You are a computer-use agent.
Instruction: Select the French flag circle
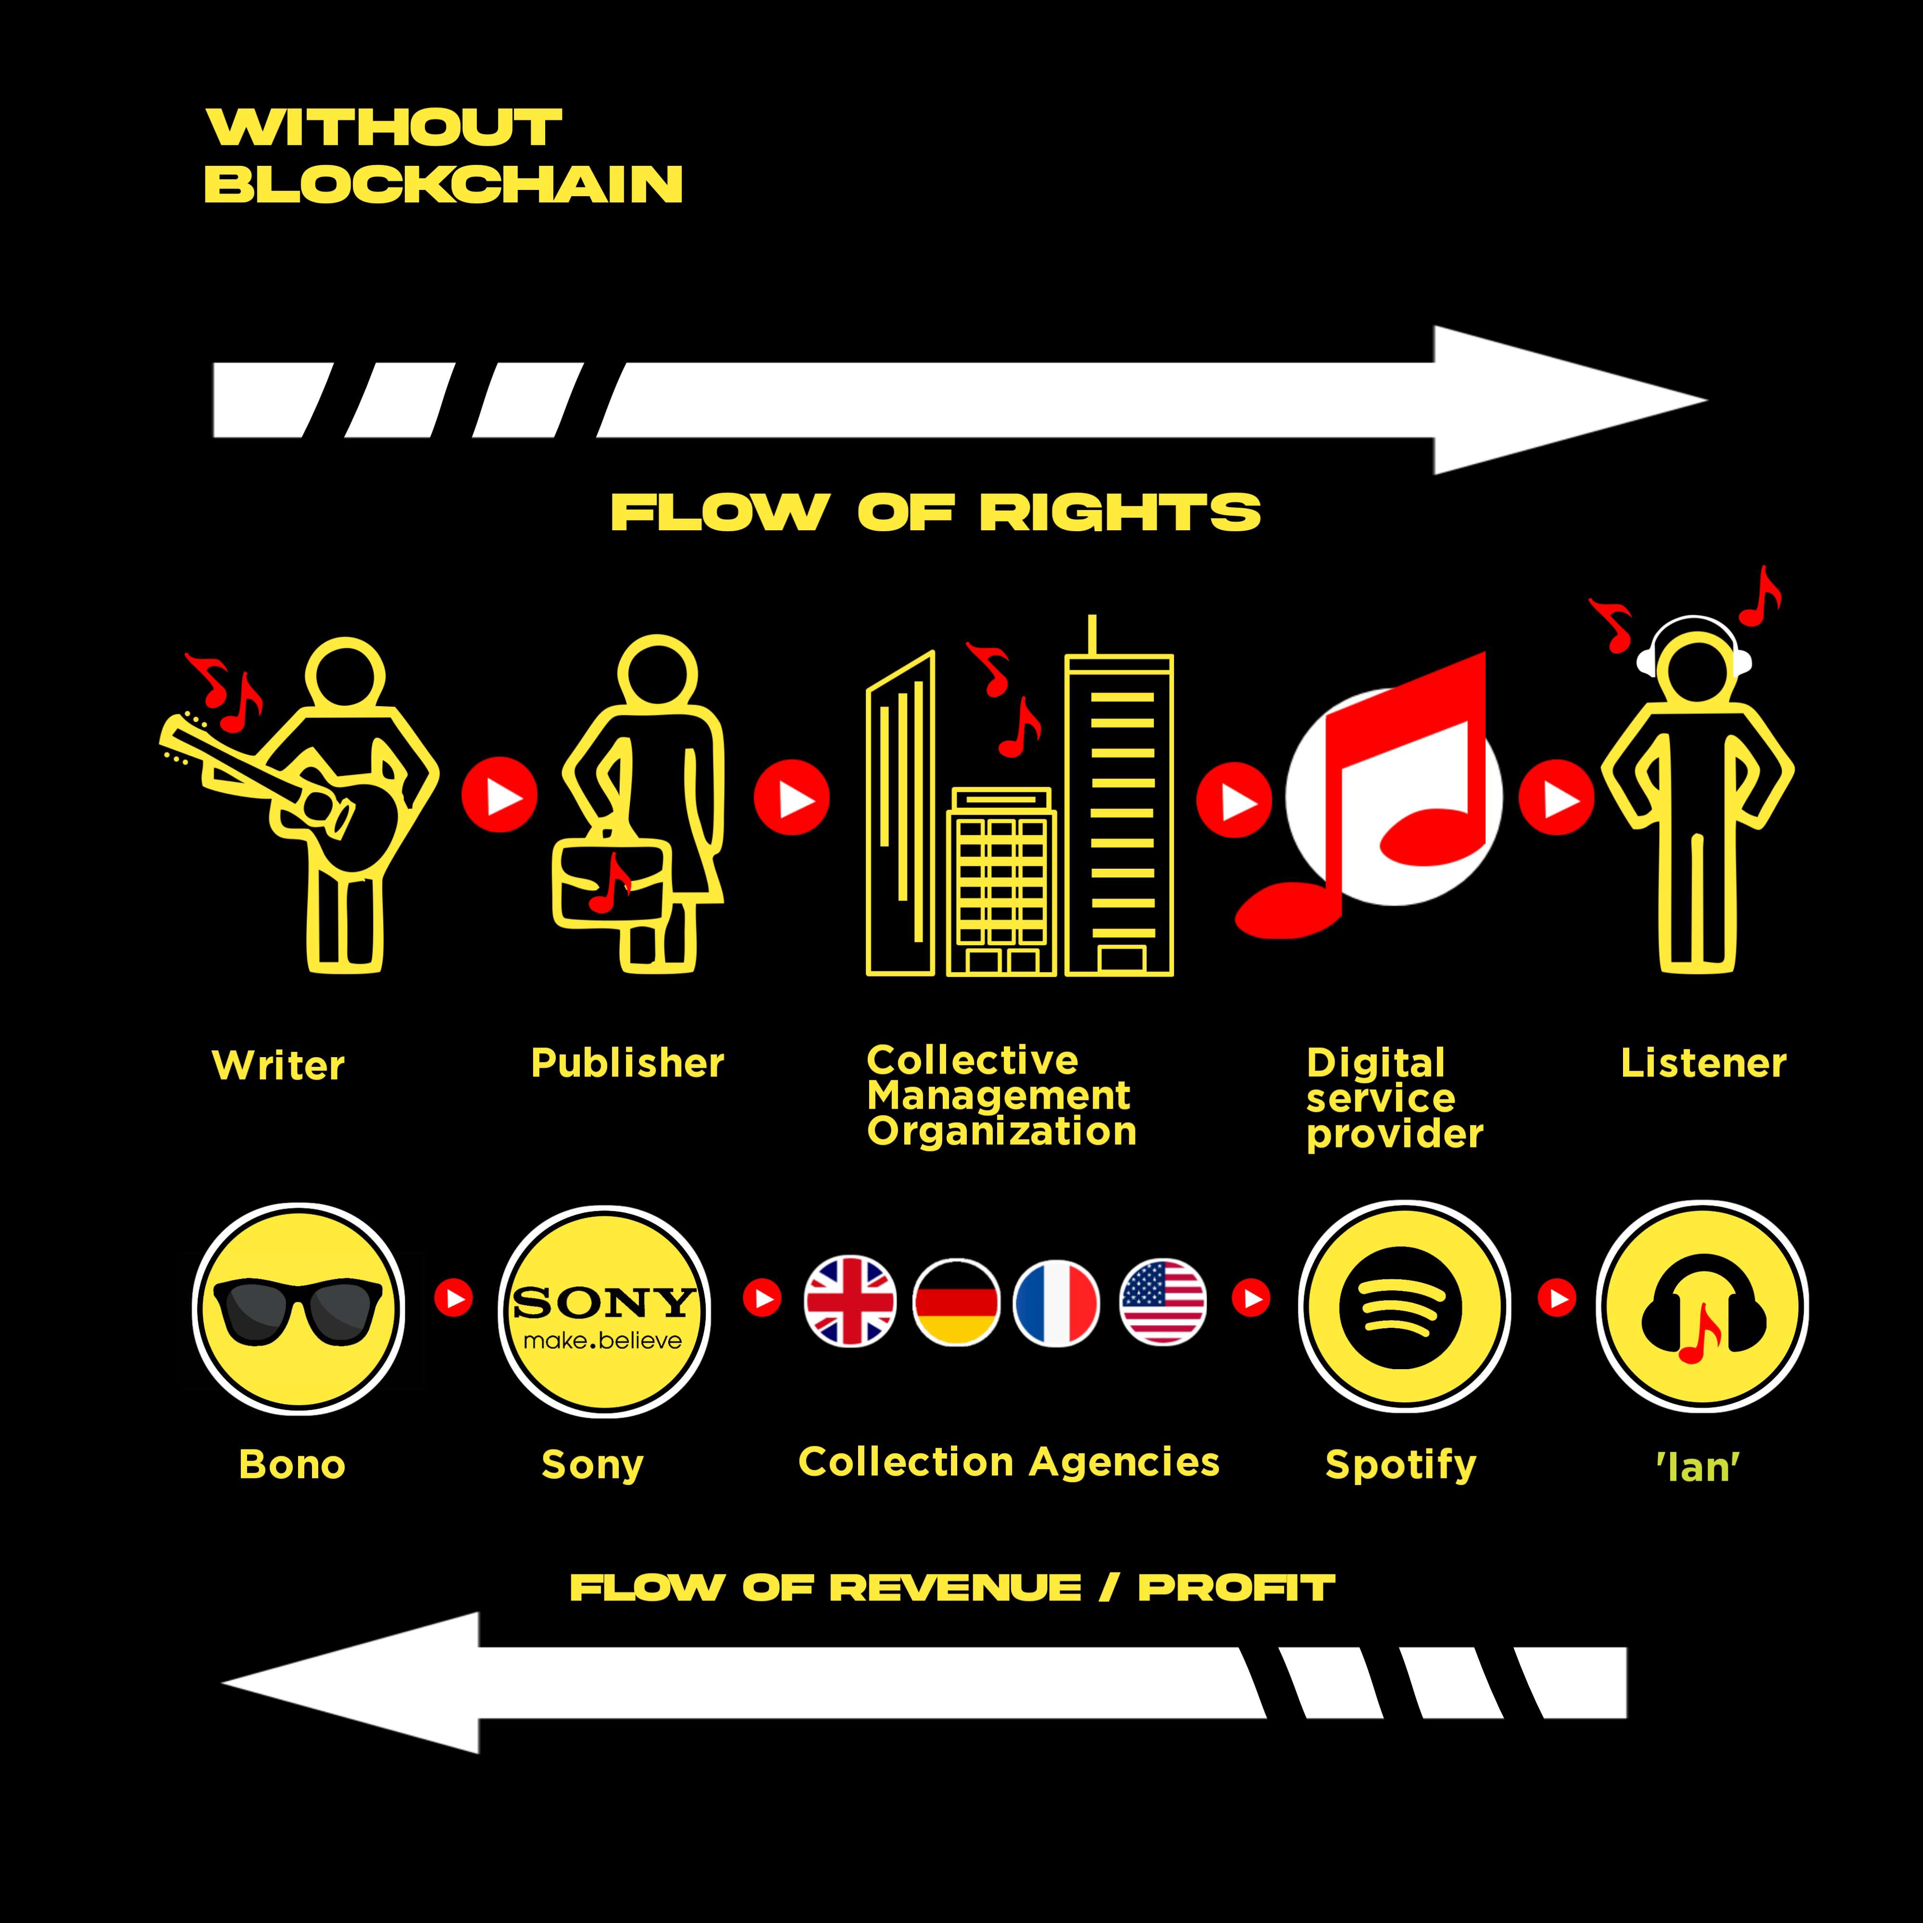click(1056, 1302)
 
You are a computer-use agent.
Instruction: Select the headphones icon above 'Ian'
click(1703, 1307)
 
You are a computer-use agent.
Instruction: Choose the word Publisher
click(627, 1063)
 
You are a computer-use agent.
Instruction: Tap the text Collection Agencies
click(1008, 1462)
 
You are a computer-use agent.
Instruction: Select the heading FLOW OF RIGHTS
click(936, 512)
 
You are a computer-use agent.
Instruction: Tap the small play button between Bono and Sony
click(454, 1298)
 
